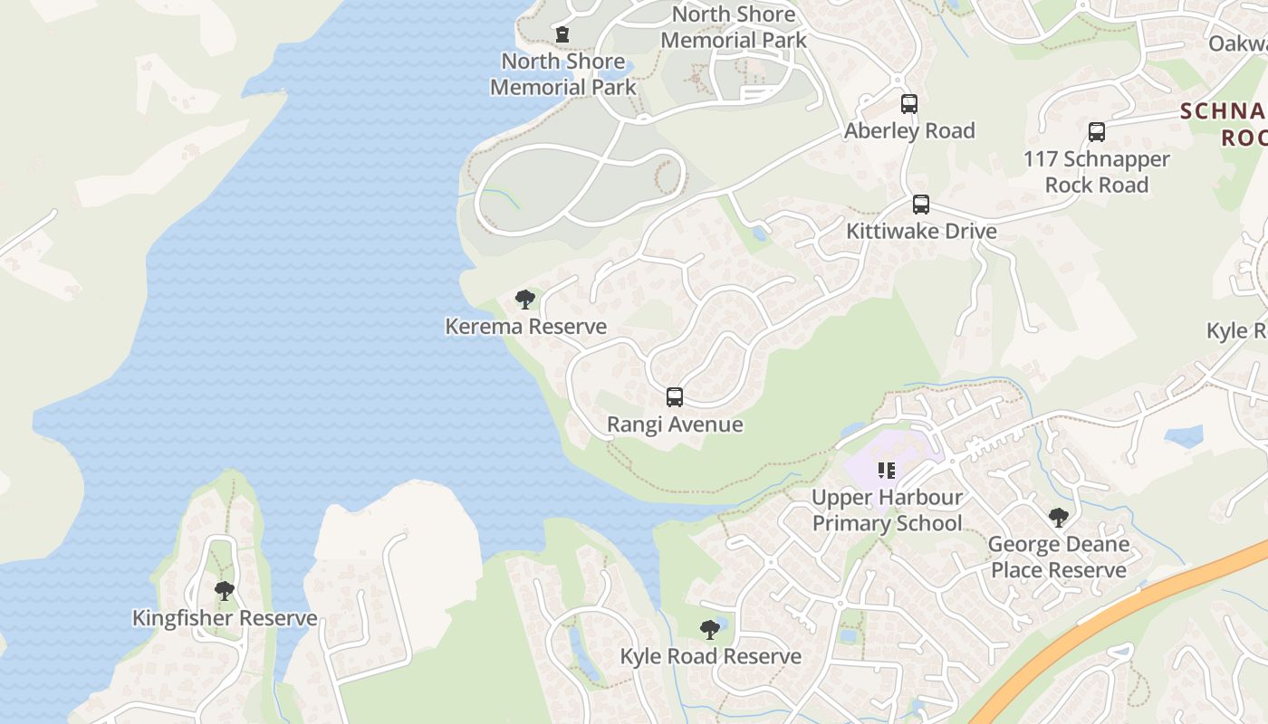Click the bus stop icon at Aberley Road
pos(909,104)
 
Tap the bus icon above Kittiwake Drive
pos(921,205)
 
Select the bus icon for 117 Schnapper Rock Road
pos(1097,132)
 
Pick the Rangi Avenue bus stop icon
pos(675,397)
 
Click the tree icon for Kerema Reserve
pos(525,300)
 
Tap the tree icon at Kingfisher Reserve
pos(225,592)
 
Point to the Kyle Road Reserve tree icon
pos(710,630)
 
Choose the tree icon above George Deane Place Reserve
pos(1058,518)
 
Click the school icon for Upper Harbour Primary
pos(887,471)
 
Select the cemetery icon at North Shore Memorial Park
pos(562,34)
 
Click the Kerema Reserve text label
pos(525,327)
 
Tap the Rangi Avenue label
pos(675,424)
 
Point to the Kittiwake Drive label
pos(921,231)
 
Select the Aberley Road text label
pos(909,130)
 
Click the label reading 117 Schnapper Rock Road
pos(1097,172)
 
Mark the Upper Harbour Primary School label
pos(887,510)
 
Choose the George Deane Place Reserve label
pos(1058,557)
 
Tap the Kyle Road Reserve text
pos(710,656)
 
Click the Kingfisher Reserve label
pos(225,618)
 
